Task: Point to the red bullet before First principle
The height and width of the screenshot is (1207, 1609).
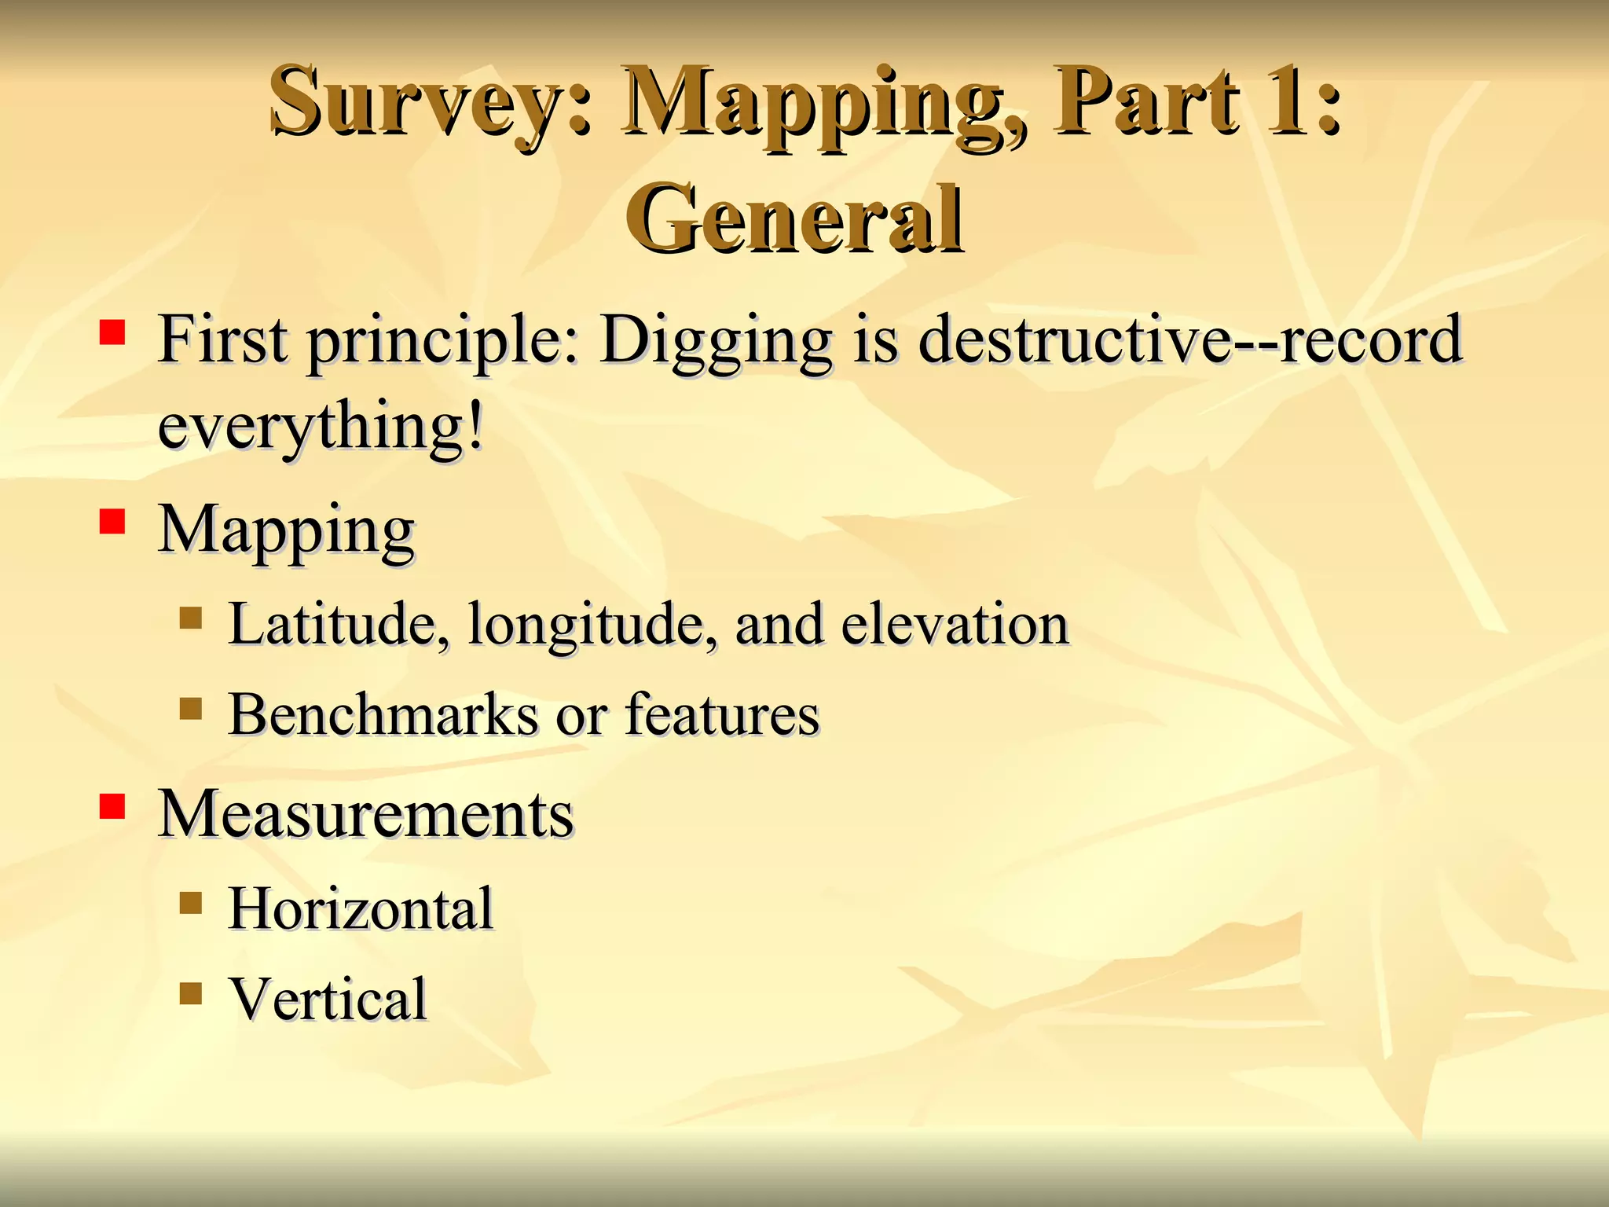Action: tap(112, 332)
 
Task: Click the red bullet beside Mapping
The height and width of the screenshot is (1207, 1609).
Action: tap(112, 522)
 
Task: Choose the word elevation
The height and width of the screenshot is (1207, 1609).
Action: tap(955, 625)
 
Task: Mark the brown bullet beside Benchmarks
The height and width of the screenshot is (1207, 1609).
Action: tap(191, 709)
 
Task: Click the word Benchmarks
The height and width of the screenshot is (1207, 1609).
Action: tap(383, 715)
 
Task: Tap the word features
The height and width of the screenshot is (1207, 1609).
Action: tap(722, 715)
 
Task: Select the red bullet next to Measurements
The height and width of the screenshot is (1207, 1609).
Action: tap(112, 806)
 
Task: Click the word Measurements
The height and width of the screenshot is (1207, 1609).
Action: tap(366, 814)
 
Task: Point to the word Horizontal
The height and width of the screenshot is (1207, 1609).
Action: tap(361, 909)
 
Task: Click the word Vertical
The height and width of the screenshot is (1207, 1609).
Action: tap(328, 1000)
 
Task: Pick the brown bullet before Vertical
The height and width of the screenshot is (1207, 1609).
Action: tap(191, 993)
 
